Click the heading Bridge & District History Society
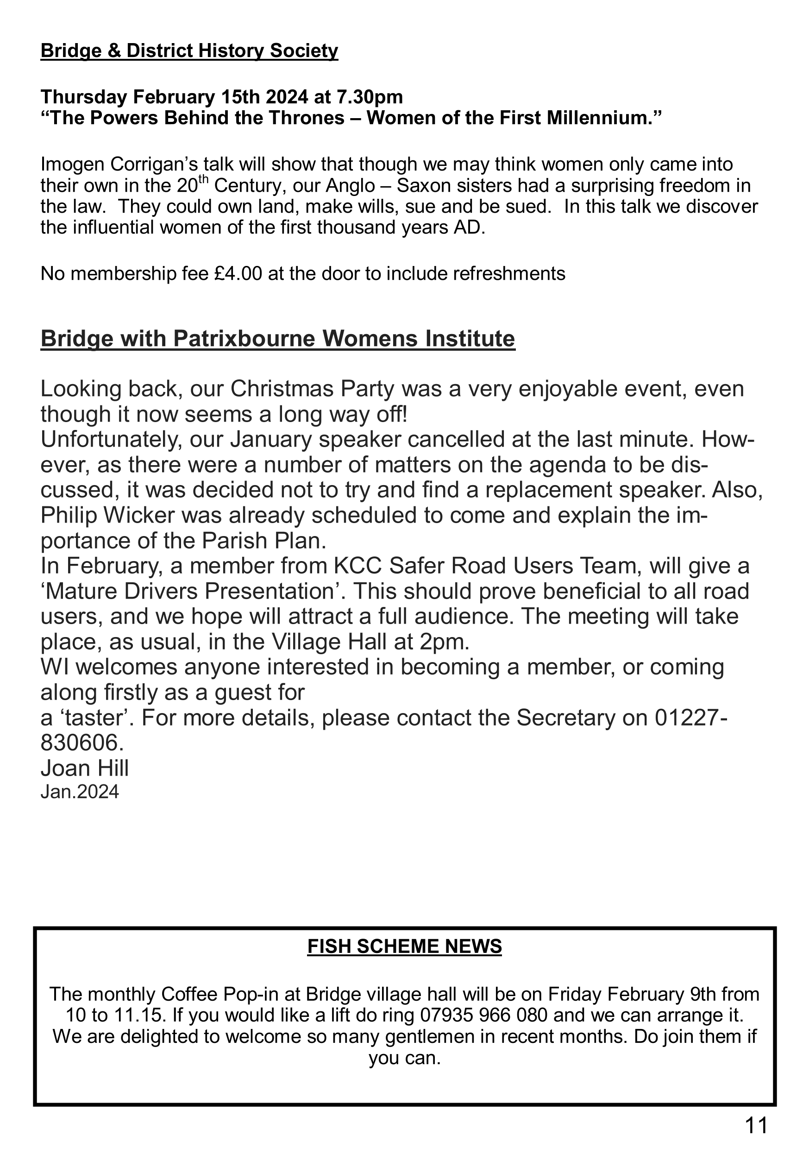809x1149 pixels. point(189,51)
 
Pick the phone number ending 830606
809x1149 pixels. point(82,743)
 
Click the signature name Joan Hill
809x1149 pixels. point(85,768)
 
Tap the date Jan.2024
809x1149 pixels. point(80,792)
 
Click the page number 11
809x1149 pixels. point(755,1125)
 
